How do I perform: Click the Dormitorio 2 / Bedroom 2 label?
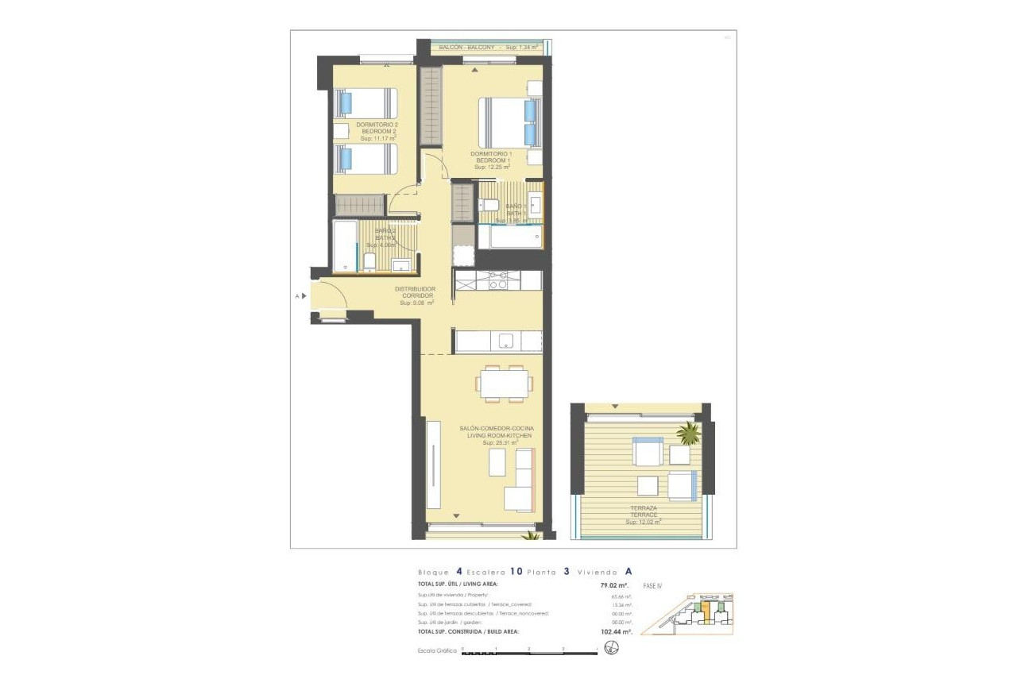[377, 131]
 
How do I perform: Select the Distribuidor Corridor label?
[416, 295]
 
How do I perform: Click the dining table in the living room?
[505, 384]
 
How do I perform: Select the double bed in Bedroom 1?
[509, 122]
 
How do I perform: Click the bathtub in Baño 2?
[344, 246]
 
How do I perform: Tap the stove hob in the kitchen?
[498, 280]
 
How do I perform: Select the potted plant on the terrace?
[688, 434]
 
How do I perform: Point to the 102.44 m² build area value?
[616, 632]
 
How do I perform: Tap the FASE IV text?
[652, 586]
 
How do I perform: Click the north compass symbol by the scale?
[610, 649]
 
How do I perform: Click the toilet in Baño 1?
[492, 206]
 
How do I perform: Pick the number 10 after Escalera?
[516, 571]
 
